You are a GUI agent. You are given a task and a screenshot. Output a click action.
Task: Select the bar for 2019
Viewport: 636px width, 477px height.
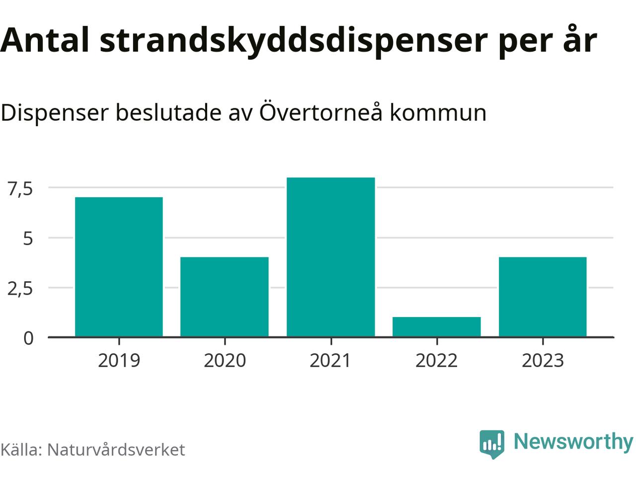point(119,267)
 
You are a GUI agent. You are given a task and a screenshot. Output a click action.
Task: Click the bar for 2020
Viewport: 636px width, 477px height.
point(225,297)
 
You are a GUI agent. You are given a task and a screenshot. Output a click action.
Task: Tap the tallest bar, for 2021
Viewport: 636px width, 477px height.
point(331,257)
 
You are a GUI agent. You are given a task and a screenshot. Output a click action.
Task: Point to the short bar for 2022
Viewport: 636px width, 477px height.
point(437,327)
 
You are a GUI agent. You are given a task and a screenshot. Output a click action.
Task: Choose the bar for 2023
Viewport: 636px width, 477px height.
point(543,297)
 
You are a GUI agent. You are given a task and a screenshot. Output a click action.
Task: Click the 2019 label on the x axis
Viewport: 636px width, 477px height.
point(119,360)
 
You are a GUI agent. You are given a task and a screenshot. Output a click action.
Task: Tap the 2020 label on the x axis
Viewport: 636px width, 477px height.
point(225,360)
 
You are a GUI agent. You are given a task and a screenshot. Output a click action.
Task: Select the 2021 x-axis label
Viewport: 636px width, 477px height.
point(331,360)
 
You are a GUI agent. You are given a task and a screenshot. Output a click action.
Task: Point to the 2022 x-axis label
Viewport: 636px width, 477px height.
point(437,360)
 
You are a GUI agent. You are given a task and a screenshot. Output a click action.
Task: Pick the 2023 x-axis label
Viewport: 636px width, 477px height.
point(543,360)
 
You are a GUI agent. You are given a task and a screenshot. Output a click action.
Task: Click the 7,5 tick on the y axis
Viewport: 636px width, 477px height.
point(20,189)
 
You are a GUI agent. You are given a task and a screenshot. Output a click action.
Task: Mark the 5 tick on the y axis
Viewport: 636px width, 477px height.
point(28,238)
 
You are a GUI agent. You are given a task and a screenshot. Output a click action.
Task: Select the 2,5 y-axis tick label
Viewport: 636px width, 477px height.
point(20,289)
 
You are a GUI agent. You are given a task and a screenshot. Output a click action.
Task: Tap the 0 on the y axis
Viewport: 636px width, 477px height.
point(28,338)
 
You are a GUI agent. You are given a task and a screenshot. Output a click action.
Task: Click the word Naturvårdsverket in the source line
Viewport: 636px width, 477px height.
point(116,450)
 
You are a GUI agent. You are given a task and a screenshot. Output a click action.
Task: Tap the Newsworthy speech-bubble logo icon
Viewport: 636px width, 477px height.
point(492,443)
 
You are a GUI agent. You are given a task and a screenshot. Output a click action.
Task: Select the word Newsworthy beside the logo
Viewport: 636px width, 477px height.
point(573,441)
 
